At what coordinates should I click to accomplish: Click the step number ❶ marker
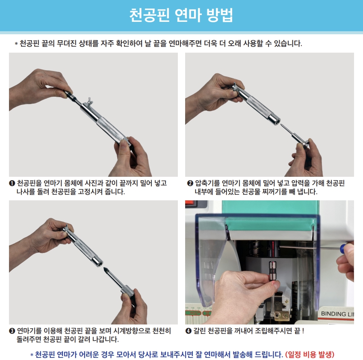pyautogui.click(x=12, y=183)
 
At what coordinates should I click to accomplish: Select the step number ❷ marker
pyautogui.click(x=190, y=183)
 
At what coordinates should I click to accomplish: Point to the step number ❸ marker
pyautogui.click(x=12, y=331)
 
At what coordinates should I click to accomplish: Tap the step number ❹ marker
pyautogui.click(x=189, y=331)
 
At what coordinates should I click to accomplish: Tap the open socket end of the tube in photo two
pyautogui.click(x=277, y=121)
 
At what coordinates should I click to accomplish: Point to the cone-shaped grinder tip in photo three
pyautogui.click(x=106, y=270)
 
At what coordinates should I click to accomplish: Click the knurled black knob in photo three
pyautogui.click(x=127, y=292)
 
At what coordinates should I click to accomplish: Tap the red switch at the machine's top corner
pyautogui.click(x=191, y=203)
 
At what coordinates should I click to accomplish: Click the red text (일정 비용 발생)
pyautogui.click(x=310, y=354)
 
